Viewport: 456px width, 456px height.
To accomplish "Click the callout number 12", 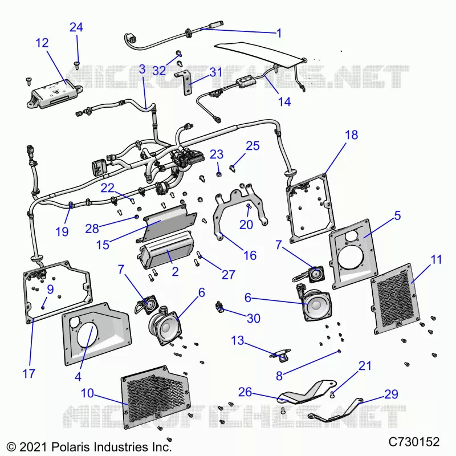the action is pos(42,43).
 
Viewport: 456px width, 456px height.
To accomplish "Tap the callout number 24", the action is pos(76,27).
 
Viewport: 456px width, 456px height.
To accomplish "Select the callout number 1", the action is pos(279,33).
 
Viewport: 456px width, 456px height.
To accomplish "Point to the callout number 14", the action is pos(284,102).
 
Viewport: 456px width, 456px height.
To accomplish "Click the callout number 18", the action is pos(351,135).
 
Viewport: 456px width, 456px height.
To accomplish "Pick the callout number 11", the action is pos(436,259).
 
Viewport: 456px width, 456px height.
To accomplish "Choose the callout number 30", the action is pos(253,319).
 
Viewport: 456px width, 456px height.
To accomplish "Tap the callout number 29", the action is pos(391,394).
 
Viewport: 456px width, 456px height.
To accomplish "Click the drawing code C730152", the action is pos(414,442).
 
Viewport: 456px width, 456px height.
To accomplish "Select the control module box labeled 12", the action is pos(55,93).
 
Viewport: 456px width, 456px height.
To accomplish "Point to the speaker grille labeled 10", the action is pos(156,397).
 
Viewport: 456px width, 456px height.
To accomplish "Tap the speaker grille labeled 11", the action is pos(396,299).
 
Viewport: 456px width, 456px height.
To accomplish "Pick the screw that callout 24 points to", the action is pos(77,65).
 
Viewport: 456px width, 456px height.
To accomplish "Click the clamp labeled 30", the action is pos(219,307).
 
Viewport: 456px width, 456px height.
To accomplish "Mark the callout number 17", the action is pos(28,374).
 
